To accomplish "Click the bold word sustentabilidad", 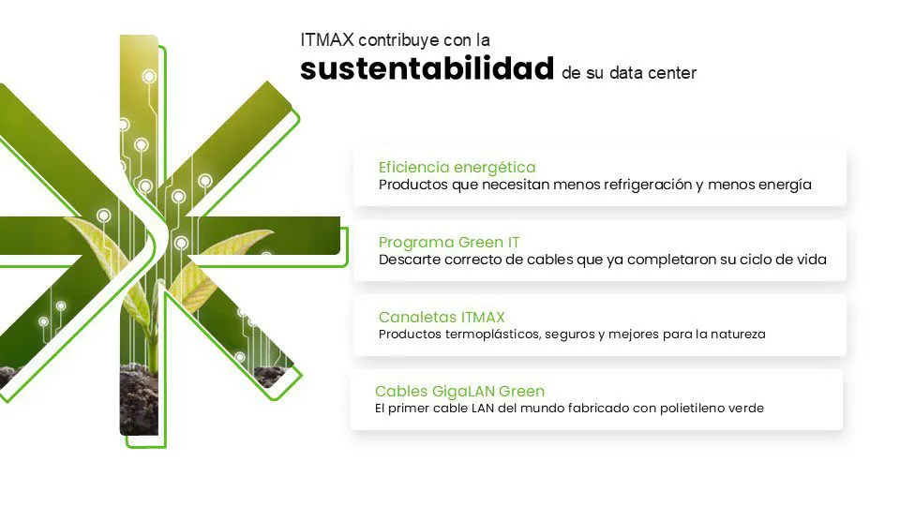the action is pyautogui.click(x=427, y=68).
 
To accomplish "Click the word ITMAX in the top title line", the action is pyautogui.click(x=327, y=40).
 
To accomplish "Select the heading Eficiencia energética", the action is pyautogui.click(x=457, y=168).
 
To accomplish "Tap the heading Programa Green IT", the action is pyautogui.click(x=449, y=242).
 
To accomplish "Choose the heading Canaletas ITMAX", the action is pyautogui.click(x=442, y=317).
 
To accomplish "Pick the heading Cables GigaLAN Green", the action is pyautogui.click(x=459, y=392).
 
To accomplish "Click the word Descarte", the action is pyautogui.click(x=410, y=260).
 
